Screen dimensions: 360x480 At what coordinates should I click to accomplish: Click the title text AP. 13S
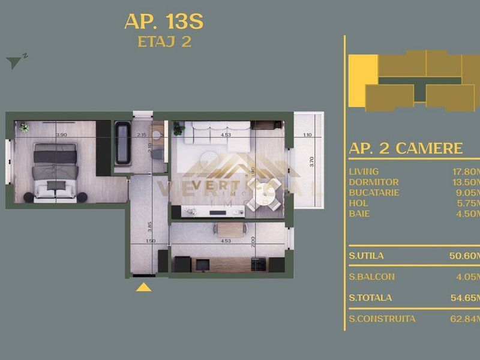click(163, 22)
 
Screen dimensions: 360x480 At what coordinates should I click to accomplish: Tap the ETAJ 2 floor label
click(163, 42)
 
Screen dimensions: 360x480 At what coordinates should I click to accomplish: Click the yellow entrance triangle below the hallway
click(143, 287)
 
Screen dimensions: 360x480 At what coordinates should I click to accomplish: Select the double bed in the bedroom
click(53, 169)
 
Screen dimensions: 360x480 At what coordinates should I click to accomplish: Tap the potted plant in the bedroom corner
click(25, 127)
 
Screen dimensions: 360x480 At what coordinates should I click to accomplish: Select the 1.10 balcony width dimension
click(307, 135)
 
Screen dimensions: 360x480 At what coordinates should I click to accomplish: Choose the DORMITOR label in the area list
click(373, 182)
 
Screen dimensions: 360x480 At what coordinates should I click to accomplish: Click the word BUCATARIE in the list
click(374, 193)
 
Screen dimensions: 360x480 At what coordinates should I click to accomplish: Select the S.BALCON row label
click(371, 277)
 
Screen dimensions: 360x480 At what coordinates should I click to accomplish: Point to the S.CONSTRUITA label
click(382, 319)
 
